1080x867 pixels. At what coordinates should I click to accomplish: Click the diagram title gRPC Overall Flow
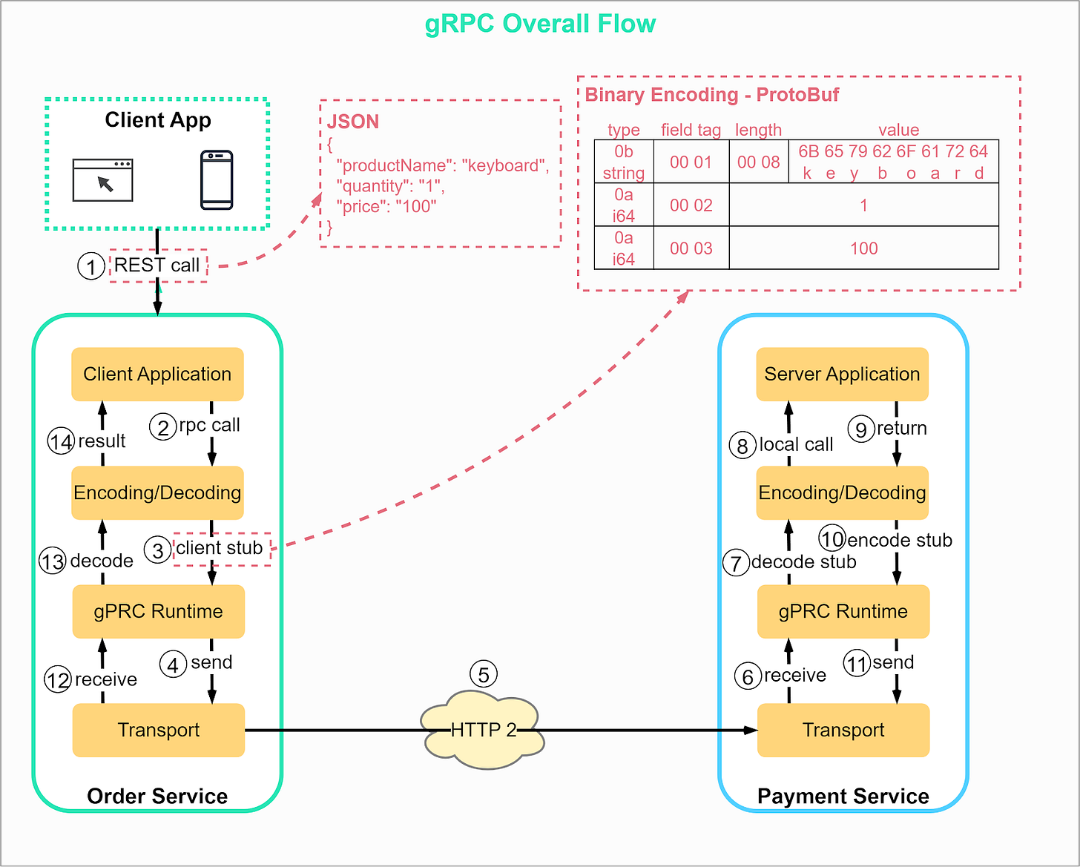540,24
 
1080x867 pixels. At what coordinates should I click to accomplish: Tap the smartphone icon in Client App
217,180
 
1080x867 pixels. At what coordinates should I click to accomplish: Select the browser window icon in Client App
102,180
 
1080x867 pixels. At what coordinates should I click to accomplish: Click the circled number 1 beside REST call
91,266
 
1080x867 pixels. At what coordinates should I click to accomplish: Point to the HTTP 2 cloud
483,731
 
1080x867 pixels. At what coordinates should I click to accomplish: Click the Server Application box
842,375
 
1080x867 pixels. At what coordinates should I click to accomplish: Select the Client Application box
157,375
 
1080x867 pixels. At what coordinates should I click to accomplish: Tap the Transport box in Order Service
158,731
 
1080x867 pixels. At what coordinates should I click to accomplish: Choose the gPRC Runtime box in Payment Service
843,612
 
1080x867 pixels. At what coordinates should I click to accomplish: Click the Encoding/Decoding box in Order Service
157,493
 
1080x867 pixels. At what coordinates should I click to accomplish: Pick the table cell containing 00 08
758,162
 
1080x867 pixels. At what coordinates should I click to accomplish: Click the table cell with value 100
863,248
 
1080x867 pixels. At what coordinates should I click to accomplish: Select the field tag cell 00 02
691,205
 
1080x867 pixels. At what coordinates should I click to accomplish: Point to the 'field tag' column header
691,131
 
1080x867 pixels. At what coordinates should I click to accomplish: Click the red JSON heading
353,122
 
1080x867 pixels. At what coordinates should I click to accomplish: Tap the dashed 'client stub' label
220,549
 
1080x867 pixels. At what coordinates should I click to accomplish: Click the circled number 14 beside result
61,442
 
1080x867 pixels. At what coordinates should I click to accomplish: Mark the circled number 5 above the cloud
484,675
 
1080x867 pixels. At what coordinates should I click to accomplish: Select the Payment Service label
843,797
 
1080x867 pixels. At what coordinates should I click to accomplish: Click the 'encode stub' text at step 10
899,541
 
